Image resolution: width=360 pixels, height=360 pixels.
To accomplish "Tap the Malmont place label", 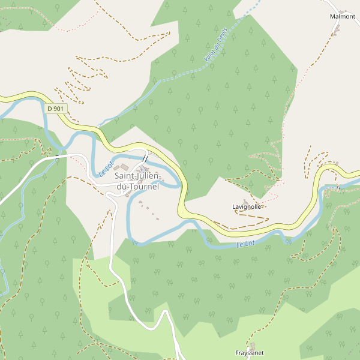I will [343, 16].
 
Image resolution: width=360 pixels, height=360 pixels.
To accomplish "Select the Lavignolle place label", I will [247, 207].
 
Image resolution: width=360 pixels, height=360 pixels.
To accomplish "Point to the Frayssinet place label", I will [249, 353].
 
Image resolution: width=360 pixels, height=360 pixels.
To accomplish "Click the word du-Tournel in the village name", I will [138, 187].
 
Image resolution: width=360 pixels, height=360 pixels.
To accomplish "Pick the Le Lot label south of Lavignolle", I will [245, 244].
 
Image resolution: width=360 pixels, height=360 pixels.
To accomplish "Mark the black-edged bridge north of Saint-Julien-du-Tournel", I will [145, 158].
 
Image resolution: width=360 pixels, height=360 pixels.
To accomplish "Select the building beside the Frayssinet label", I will [252, 346].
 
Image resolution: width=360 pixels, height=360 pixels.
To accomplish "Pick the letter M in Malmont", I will [332, 16].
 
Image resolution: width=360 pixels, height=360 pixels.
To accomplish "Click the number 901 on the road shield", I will [58, 109].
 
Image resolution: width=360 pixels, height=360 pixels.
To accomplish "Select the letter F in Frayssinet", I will [236, 353].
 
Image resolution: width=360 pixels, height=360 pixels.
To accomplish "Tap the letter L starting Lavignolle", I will [234, 207].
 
